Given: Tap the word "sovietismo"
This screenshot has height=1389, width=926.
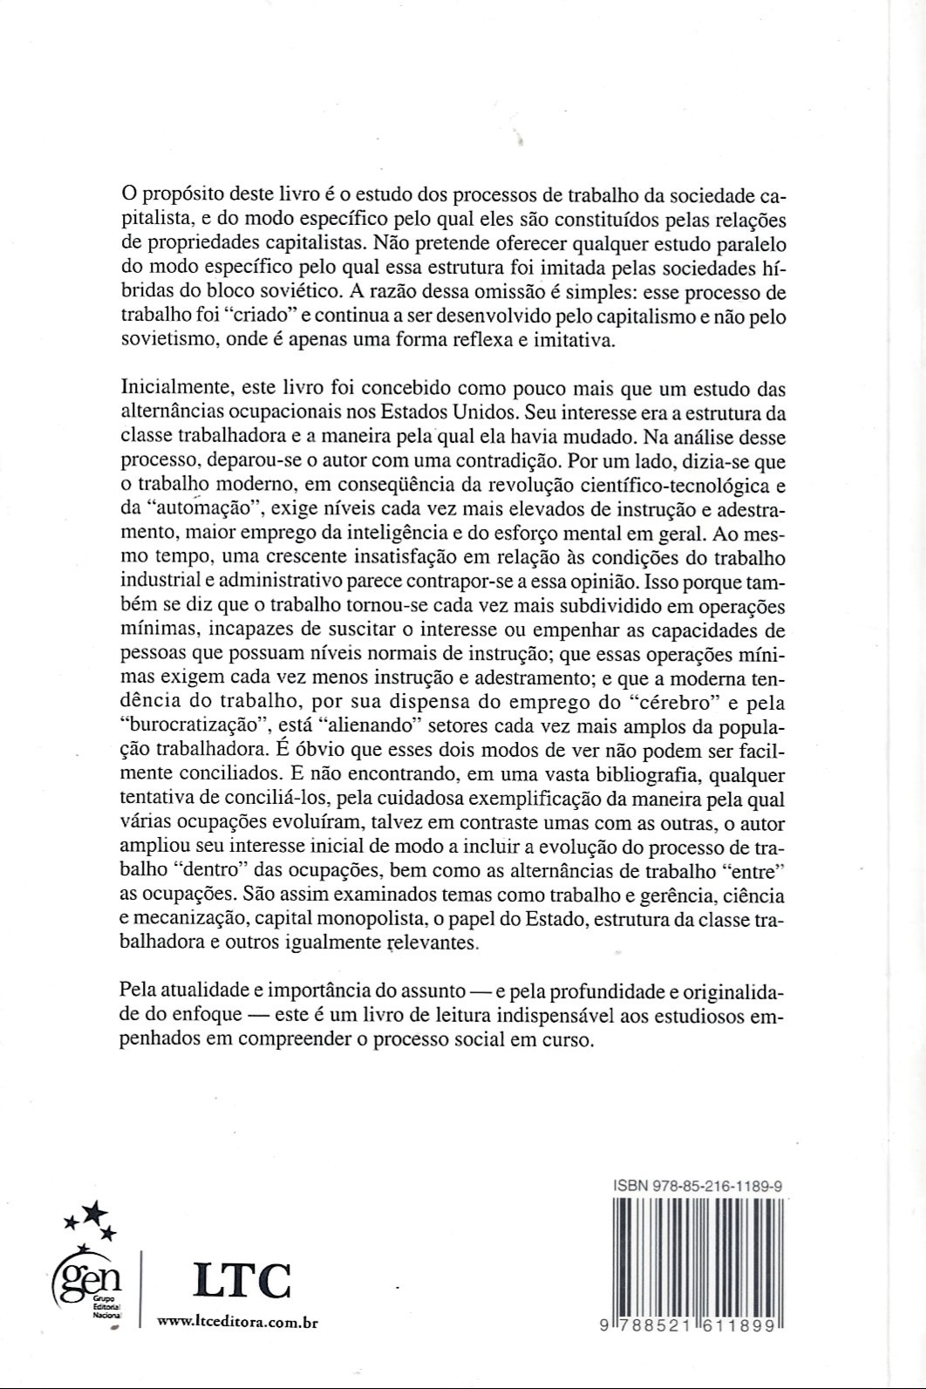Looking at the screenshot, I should coord(167,340).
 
